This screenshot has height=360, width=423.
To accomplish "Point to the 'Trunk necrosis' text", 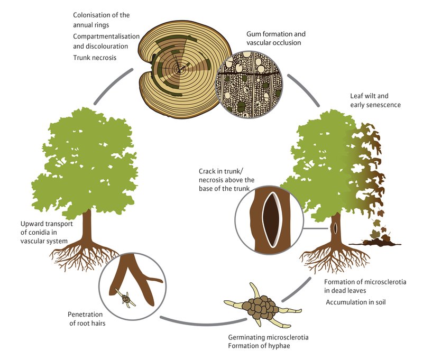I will coord(95,57).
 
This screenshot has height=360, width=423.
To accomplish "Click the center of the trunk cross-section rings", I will coord(180,68).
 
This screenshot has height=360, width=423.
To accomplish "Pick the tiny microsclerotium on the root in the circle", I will coord(127,300).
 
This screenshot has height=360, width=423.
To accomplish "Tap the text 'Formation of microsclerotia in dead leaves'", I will coord(355,285).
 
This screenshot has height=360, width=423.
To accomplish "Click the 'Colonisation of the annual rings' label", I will coord(101,20).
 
